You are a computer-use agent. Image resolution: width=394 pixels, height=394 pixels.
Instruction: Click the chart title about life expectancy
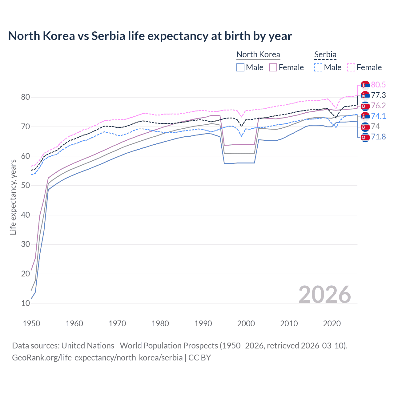[x=150, y=36]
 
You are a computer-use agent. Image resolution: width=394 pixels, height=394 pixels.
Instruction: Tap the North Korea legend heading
[x=258, y=54]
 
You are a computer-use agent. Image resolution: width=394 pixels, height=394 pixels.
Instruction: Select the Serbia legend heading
[x=325, y=54]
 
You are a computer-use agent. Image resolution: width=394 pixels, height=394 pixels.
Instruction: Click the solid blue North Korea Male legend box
[x=240, y=67]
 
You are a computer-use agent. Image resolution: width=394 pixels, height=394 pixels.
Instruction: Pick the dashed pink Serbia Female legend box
[x=351, y=67]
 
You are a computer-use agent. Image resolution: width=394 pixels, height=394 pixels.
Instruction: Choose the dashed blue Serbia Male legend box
[x=318, y=67]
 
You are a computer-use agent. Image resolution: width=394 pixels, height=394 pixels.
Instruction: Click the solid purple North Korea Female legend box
[x=273, y=67]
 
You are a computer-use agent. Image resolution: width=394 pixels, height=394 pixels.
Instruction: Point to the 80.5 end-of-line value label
[x=378, y=85]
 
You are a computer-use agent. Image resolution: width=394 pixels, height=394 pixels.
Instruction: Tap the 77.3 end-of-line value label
[x=378, y=95]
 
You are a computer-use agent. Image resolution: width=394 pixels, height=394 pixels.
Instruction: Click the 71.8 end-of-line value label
[x=378, y=137]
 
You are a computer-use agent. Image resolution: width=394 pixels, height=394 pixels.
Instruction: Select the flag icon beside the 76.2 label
[x=365, y=106]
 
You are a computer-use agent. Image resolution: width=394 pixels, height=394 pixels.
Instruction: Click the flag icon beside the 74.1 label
[x=365, y=116]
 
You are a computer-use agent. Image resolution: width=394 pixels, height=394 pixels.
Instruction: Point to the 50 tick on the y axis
[x=26, y=186]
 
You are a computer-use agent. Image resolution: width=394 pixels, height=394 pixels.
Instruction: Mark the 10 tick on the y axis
[x=26, y=303]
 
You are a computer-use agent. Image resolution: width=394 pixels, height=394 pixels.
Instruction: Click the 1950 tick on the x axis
[x=31, y=324]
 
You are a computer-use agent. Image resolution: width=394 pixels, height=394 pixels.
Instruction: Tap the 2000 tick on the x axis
[x=246, y=324]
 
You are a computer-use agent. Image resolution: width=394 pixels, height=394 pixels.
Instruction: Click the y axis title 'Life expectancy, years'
[x=13, y=197]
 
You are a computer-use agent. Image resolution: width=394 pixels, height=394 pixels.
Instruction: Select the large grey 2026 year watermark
[x=324, y=295]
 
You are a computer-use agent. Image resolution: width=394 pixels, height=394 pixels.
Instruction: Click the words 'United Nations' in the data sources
[x=88, y=346]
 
